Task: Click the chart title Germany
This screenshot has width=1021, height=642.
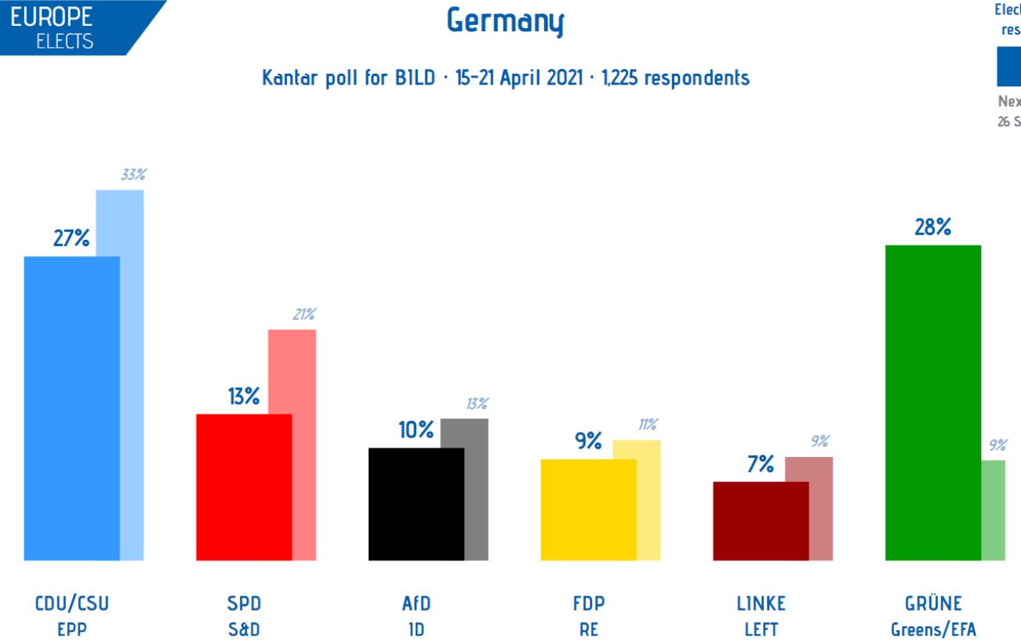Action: pyautogui.click(x=505, y=21)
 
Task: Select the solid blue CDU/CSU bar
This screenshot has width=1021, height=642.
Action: pyautogui.click(x=71, y=408)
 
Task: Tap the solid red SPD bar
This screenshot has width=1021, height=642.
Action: pyautogui.click(x=243, y=486)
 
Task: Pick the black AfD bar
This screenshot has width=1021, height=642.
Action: pyautogui.click(x=416, y=503)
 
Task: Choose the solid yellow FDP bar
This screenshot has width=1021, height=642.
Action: pyautogui.click(x=588, y=509)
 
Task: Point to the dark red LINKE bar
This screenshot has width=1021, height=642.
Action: pyautogui.click(x=760, y=520)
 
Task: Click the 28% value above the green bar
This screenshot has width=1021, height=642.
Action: pyautogui.click(x=932, y=227)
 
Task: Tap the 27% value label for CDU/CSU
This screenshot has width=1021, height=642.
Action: pyautogui.click(x=71, y=239)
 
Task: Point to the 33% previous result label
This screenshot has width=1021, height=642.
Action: pyautogui.click(x=133, y=176)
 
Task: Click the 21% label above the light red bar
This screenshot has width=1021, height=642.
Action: pyautogui.click(x=303, y=314)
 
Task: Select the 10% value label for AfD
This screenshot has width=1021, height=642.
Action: pyautogui.click(x=416, y=430)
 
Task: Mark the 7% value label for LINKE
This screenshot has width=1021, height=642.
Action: pyautogui.click(x=760, y=463)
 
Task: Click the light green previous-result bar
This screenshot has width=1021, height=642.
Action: pyautogui.click(x=994, y=510)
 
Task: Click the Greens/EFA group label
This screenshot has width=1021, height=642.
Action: pyautogui.click(x=933, y=629)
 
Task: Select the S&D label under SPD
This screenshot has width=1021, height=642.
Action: pyautogui.click(x=244, y=629)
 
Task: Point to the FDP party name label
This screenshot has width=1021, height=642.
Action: pyautogui.click(x=588, y=604)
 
